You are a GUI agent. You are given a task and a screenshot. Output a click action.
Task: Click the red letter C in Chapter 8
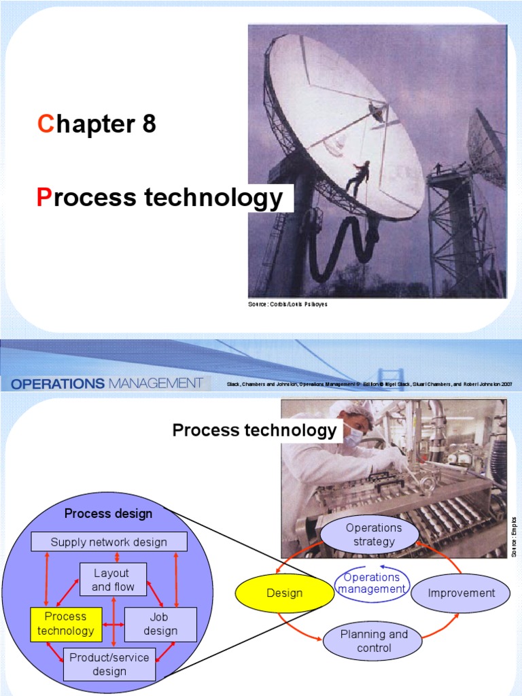pos(45,124)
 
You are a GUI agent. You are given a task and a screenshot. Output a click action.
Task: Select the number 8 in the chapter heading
pos(150,124)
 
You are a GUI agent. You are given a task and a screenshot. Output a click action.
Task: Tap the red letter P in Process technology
pos(43,198)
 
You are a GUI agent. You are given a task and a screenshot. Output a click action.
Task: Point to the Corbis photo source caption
pos(288,304)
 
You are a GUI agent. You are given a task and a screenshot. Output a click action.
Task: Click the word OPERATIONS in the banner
pos(58,383)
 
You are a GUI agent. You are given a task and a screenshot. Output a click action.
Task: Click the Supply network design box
pos(109,542)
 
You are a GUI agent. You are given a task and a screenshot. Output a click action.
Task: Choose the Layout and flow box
pos(114,580)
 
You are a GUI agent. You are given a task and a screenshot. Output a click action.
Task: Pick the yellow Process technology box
pos(66,624)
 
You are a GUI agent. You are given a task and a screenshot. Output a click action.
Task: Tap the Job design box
pos(160,624)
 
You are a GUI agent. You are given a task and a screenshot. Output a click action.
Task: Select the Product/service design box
pos(109,664)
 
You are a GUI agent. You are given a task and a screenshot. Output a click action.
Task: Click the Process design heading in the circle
pos(109,513)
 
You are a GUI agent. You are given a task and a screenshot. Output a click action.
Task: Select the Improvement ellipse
pos(461,593)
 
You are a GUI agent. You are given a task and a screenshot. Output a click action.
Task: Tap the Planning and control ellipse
pos(374,641)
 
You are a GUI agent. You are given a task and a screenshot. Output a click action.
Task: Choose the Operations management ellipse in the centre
pos(372,583)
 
